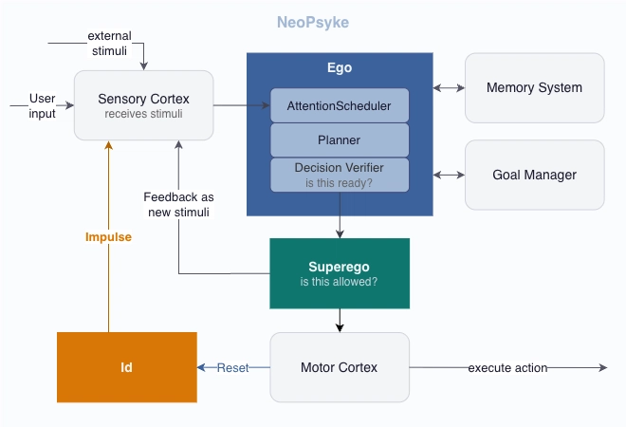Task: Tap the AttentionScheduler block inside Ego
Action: pos(340,104)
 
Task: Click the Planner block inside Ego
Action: pos(340,139)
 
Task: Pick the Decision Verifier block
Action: pos(340,174)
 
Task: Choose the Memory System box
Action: pos(534,87)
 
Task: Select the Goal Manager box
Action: pos(534,175)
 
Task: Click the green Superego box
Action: pos(340,273)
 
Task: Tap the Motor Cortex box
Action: pos(340,366)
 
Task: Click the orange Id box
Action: pos(126,366)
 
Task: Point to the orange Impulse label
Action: pos(110,237)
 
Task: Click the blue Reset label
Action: pos(232,367)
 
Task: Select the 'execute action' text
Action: pos(507,367)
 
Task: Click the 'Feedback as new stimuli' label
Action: pos(178,204)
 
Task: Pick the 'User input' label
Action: pos(42,105)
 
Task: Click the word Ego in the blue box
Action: pos(340,68)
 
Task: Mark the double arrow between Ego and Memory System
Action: pos(449,88)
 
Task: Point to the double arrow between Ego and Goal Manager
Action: pos(449,175)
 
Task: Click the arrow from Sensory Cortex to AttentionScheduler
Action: pos(243,104)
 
